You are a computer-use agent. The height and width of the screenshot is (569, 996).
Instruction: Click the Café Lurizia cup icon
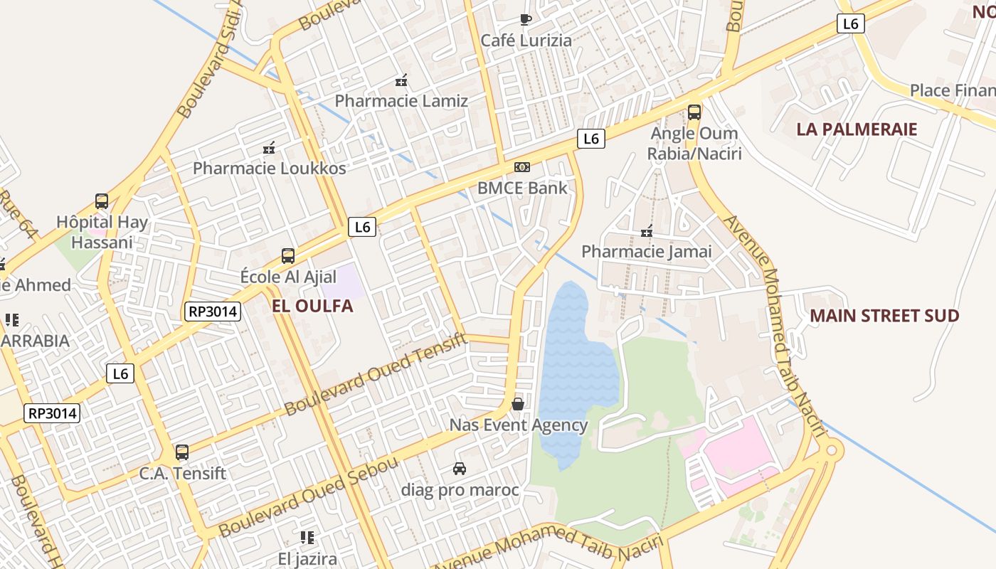pos(525,19)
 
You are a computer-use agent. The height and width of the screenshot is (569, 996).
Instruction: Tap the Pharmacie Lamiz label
pos(401,101)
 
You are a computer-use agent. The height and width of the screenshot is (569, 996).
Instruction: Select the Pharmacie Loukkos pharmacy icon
pos(269,148)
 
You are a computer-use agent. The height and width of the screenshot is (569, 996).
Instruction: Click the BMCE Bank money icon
pos(522,167)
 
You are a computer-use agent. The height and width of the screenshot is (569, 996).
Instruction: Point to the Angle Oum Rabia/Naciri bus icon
pos(694,112)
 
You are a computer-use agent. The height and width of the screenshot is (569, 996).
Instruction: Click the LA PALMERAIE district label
pos(857,129)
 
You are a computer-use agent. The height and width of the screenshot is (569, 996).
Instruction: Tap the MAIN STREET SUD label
pos(884,316)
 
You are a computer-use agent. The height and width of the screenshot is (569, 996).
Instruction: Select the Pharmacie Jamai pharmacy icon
pos(647,231)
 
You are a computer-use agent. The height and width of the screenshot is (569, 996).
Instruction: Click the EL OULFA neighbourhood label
pos(312,307)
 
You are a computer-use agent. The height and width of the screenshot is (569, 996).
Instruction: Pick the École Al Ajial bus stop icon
pos(288,255)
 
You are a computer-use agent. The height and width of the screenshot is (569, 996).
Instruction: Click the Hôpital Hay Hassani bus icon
pos(102,201)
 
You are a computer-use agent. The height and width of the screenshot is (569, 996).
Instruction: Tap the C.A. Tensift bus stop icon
pos(182,452)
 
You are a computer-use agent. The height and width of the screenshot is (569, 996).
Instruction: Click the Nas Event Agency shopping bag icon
pos(518,404)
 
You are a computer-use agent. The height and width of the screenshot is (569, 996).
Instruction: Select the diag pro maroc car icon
pos(460,469)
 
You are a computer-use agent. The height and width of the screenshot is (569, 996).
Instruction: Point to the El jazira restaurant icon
pos(307,537)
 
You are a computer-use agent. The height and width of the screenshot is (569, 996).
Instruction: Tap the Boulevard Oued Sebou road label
pos(309,497)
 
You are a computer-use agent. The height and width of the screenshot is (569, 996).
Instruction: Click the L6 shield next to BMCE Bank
pos(590,139)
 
